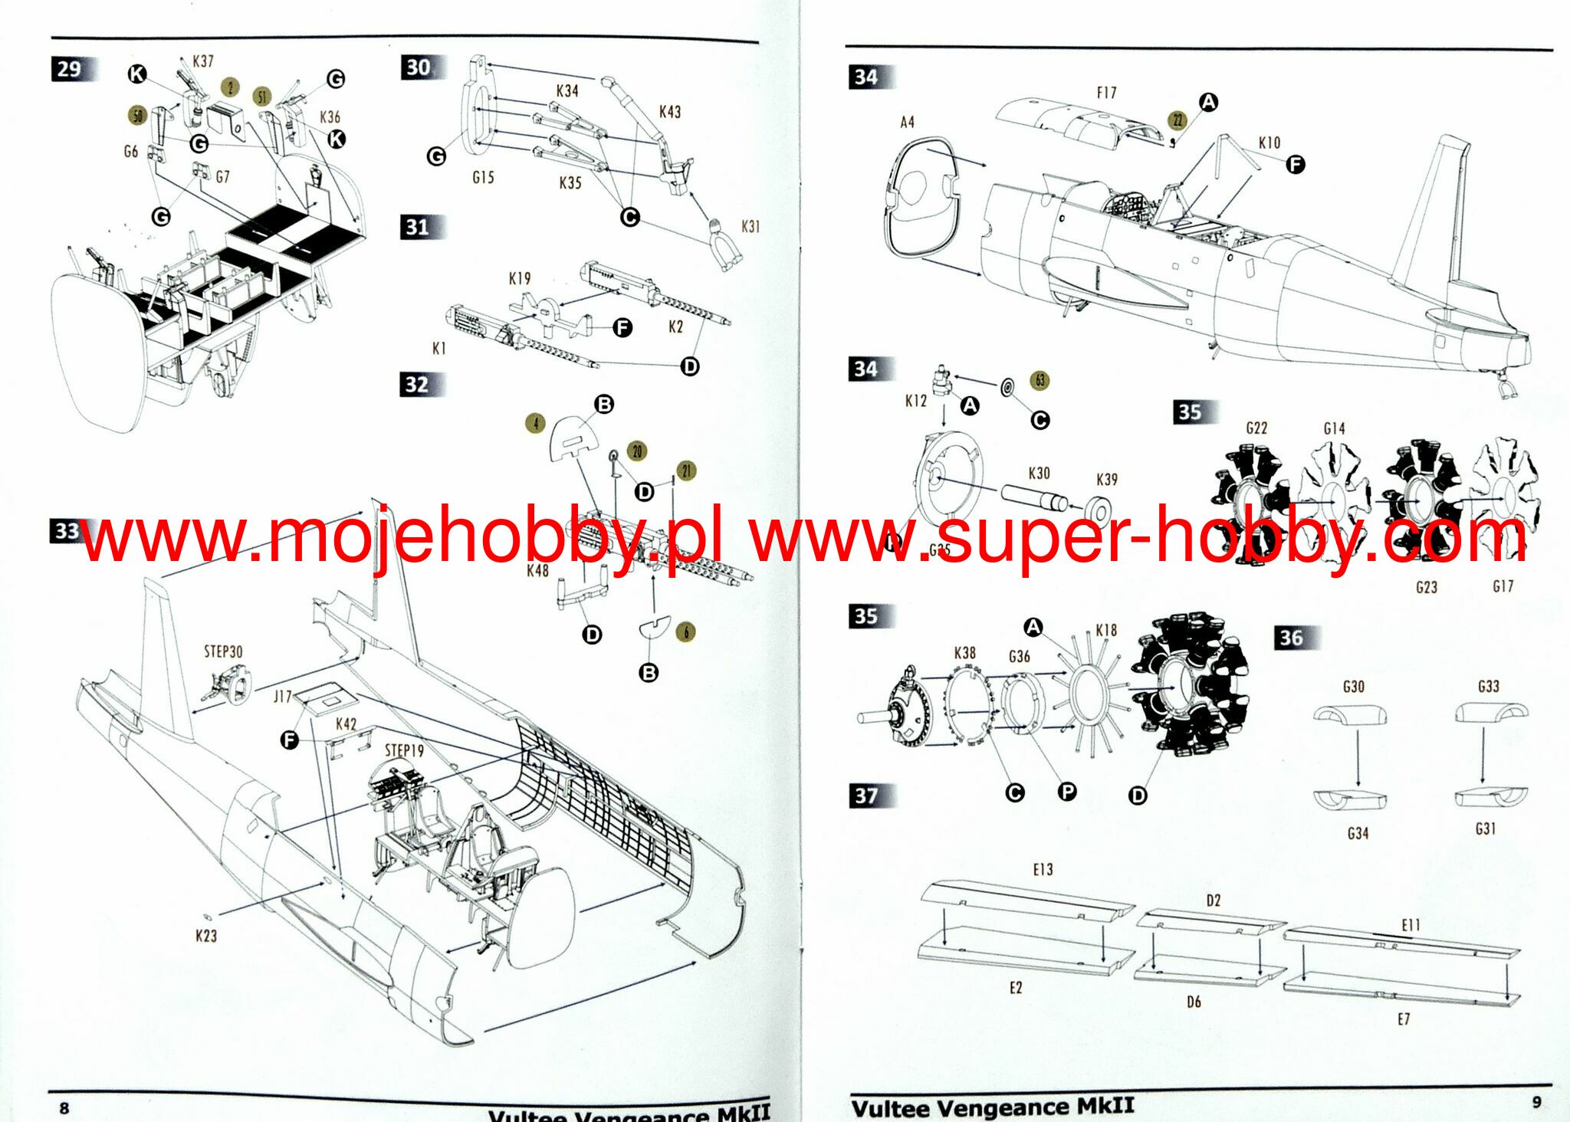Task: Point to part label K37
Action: coord(203,61)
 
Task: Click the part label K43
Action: coord(669,112)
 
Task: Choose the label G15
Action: coord(483,177)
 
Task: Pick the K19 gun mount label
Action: coord(520,278)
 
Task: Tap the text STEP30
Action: coord(223,651)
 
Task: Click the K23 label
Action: coord(206,936)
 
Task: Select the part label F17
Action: coord(1106,93)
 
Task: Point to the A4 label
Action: coord(908,122)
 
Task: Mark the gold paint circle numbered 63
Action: coord(1040,380)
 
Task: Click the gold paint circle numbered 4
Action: coord(536,422)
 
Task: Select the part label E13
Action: coord(1043,870)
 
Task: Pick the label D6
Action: coord(1194,1002)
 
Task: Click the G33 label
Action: coord(1489,686)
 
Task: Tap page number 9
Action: coord(1536,1102)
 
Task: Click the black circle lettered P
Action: coord(1067,792)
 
